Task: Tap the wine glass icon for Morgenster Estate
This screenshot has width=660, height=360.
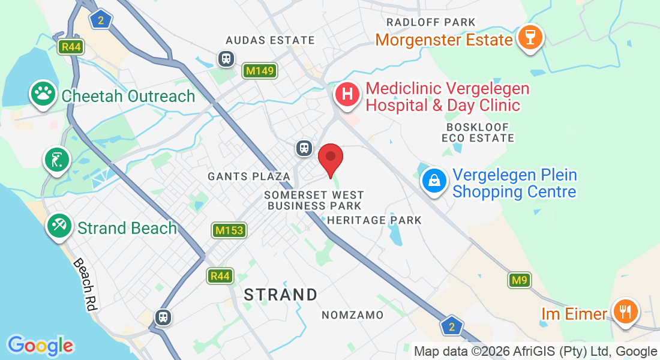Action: (530, 37)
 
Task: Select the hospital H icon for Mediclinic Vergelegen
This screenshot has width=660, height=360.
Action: (347, 94)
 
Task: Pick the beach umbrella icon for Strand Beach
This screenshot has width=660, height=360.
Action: (59, 226)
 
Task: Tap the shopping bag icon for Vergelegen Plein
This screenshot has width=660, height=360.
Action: (433, 179)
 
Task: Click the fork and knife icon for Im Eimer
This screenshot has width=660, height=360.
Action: (625, 311)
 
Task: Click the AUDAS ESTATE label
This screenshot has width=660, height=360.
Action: (270, 40)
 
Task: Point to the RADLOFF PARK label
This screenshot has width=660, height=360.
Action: (431, 22)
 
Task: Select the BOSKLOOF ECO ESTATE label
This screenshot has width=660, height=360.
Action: (478, 133)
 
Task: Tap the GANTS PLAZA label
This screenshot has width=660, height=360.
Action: (249, 176)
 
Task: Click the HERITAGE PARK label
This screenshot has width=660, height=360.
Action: (374, 220)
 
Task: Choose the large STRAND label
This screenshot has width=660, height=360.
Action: (281, 295)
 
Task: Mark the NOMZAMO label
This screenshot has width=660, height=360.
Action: (352, 315)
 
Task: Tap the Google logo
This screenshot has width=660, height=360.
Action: (40, 345)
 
